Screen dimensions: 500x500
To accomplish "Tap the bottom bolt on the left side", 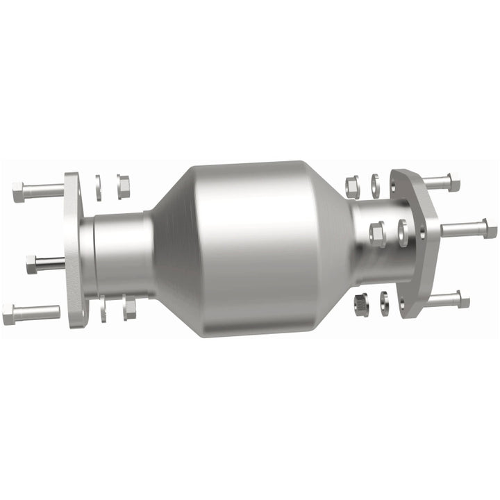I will click(x=31, y=315).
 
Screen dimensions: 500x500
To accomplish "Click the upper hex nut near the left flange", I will click(x=124, y=186).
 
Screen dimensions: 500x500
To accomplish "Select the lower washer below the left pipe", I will click(x=103, y=309).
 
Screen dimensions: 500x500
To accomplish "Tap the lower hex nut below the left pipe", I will click(x=129, y=308).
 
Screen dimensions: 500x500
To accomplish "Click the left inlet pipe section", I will click(x=122, y=253).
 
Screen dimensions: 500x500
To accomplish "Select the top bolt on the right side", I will click(x=442, y=183).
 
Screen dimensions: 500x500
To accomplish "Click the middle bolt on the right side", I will click(x=469, y=228).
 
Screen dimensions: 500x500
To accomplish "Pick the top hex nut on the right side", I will click(x=351, y=185).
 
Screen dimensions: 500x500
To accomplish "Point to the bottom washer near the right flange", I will click(x=384, y=301).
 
